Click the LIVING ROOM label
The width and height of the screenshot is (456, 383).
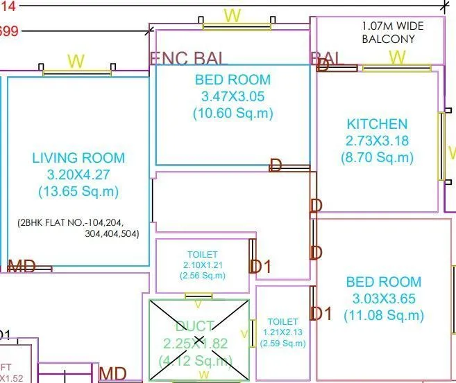coord(78,158)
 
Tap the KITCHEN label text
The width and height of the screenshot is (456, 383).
coord(377,124)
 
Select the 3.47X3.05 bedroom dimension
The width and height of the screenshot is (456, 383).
coord(233,96)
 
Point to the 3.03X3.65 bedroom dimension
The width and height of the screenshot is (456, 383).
coord(383,299)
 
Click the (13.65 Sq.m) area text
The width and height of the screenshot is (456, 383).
coord(78,191)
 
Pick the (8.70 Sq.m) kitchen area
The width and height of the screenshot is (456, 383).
coord(377,157)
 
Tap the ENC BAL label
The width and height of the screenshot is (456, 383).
coord(189,58)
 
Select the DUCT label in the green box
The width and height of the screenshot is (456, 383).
coord(199,326)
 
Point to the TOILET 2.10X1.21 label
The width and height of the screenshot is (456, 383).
coord(202,265)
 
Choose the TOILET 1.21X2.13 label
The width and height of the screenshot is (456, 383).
coord(282,332)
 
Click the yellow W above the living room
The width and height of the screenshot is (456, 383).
coord(76,61)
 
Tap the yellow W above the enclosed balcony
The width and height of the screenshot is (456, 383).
coord(233,15)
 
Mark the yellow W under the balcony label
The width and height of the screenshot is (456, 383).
coord(396,57)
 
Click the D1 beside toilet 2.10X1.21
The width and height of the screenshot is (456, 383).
coord(261,266)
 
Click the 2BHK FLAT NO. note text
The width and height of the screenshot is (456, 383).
coord(79,228)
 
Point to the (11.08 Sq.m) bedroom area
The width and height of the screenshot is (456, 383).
coord(383,315)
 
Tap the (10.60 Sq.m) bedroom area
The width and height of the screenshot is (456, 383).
coord(233,113)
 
